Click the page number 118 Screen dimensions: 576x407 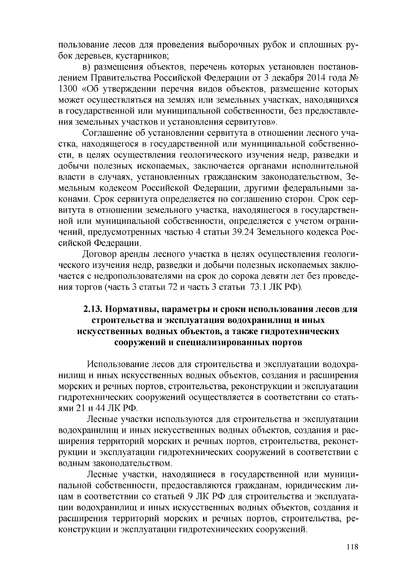point(352,547)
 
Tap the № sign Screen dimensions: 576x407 point(353,78)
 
